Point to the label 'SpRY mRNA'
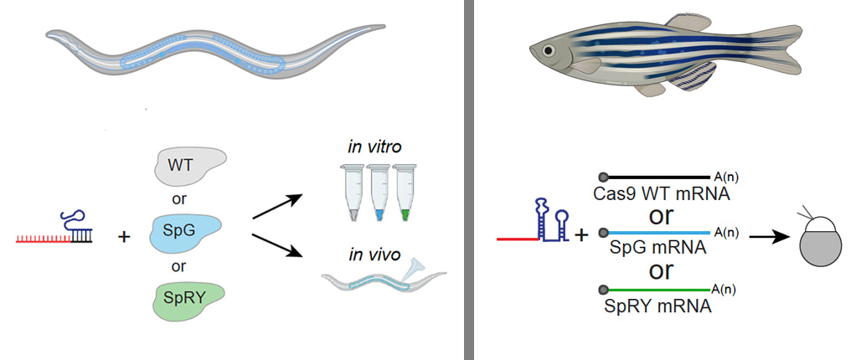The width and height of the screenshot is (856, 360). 657,306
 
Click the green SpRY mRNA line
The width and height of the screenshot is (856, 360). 657,290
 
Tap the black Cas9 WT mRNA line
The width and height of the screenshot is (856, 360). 657,177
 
